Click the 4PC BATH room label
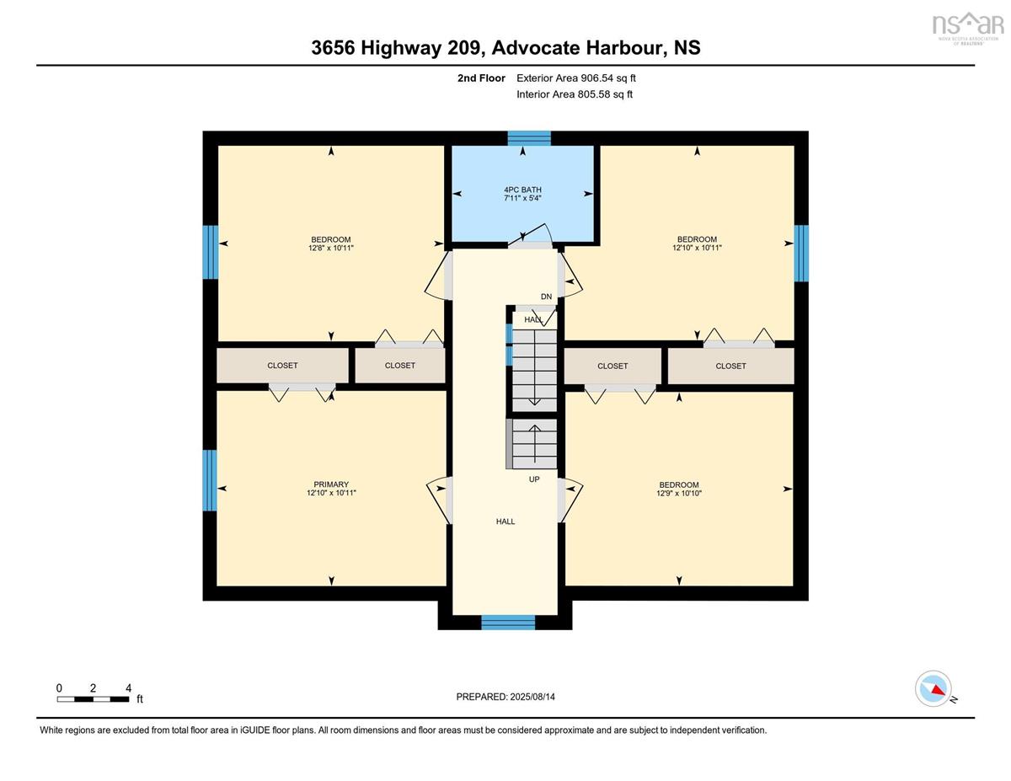tap(522, 190)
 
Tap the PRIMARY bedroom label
tap(331, 484)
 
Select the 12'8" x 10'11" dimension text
tap(331, 248)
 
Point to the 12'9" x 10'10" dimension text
tap(679, 493)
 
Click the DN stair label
tap(546, 297)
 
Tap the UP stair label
tap(534, 479)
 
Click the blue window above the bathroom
tap(529, 139)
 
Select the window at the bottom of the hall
tap(508, 622)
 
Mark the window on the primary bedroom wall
tap(210, 480)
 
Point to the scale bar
tap(93, 699)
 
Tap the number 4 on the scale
tap(128, 688)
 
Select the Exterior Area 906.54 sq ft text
tap(576, 78)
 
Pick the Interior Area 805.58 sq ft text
tap(575, 94)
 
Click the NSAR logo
tap(966, 27)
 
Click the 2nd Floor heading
tap(481, 78)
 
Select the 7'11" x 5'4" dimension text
tap(522, 198)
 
